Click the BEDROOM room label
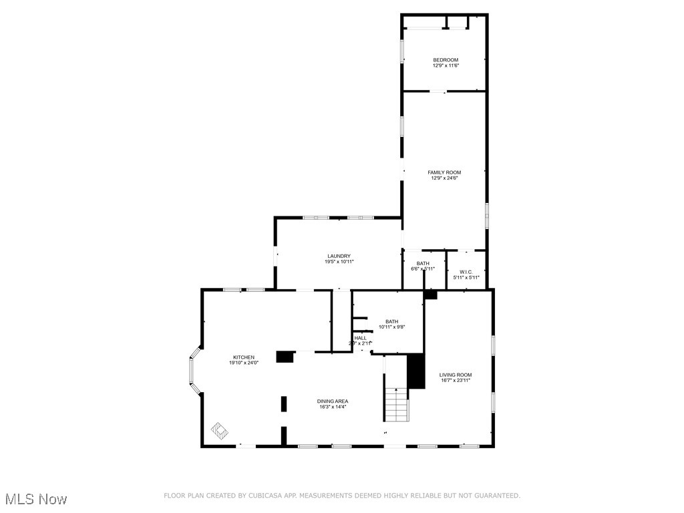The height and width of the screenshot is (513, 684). (x=446, y=60)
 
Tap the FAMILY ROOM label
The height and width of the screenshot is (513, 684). (x=444, y=172)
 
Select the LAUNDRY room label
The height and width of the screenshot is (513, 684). (x=339, y=256)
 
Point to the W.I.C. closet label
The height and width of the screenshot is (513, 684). (x=466, y=271)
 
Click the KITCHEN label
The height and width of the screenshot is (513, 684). (x=243, y=357)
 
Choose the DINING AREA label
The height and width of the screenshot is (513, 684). (x=332, y=401)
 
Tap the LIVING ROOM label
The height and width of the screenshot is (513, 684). (x=456, y=375)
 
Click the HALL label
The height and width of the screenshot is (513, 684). (x=360, y=338)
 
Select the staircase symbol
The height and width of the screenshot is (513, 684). (x=395, y=404)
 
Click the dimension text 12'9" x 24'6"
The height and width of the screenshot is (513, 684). (x=444, y=178)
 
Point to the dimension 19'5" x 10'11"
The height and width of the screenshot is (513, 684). (x=339, y=262)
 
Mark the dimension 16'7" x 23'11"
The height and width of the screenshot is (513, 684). (x=456, y=381)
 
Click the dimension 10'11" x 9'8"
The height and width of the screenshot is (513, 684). (x=391, y=327)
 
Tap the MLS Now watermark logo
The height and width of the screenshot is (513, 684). (x=36, y=499)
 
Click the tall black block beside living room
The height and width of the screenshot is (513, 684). (x=416, y=371)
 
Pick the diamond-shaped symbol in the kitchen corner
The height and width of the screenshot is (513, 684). (x=218, y=430)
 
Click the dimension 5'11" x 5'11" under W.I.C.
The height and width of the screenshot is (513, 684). (x=466, y=277)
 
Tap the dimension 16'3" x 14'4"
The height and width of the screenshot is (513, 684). (x=332, y=407)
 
